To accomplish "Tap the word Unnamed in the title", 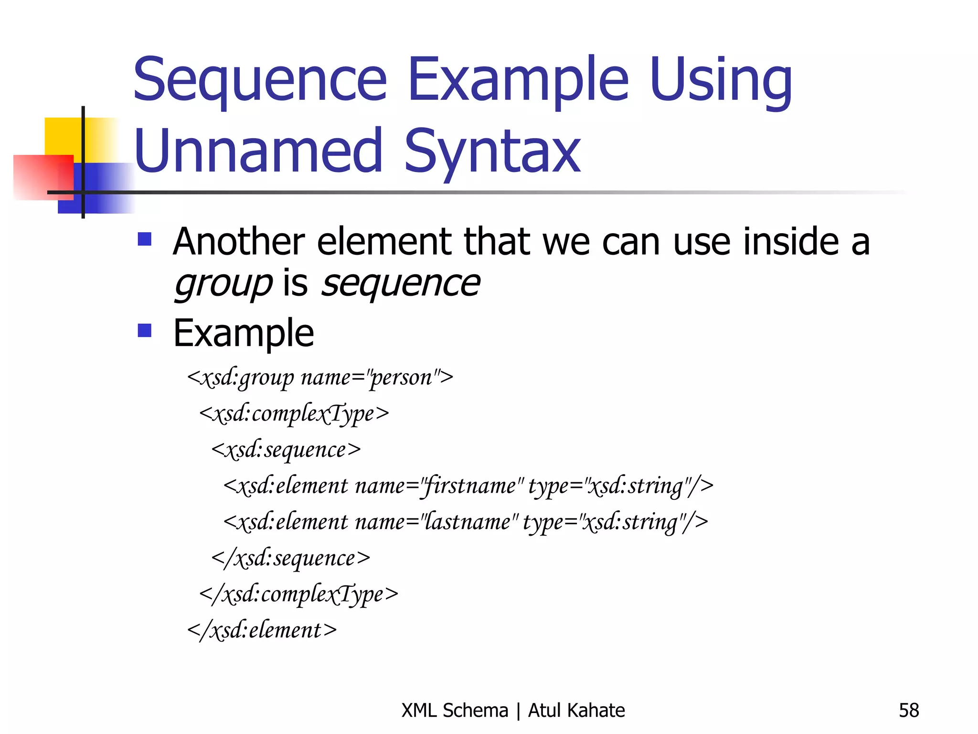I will pos(258,151).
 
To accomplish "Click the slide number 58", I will pos(908,711).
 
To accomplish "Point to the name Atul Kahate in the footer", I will pos(576,711).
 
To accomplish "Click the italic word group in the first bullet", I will pos(223,284).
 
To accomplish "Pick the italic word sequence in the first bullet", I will pos(400,284).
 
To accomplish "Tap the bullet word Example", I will pos(244,333).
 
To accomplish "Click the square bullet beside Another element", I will pos(144,239).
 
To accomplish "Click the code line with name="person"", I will pos(320,378).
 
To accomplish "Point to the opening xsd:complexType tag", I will pos(294,414).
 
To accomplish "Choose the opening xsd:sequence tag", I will pos(286,450).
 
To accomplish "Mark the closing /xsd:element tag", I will pos(262,630).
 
